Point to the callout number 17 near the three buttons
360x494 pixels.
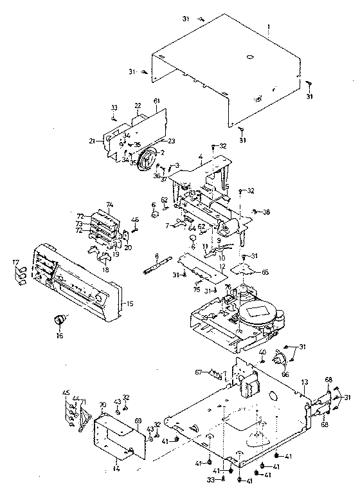pyautogui.click(x=15, y=262)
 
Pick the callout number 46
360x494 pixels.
pyautogui.click(x=135, y=220)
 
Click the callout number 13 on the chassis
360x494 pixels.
pyautogui.click(x=305, y=383)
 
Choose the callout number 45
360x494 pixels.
pyautogui.click(x=66, y=392)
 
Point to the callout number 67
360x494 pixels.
pyautogui.click(x=199, y=371)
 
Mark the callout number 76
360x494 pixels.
pyautogui.click(x=227, y=287)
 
